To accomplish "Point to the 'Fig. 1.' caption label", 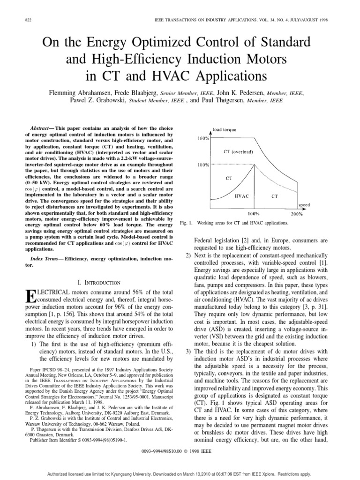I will coord(186,223).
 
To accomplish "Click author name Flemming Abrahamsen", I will coord(82,93).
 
